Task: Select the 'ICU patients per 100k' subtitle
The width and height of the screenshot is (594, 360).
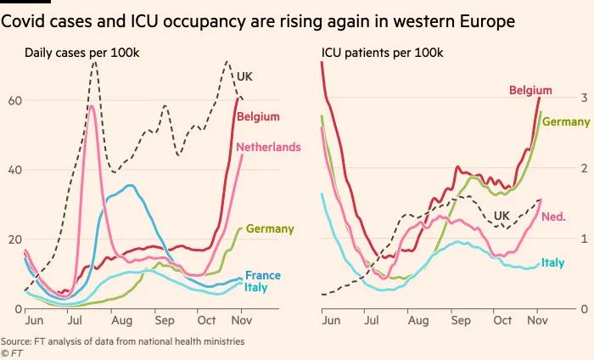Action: tap(382, 53)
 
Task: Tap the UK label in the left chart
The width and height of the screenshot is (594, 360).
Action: tap(244, 76)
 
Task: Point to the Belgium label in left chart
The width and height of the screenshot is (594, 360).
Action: tap(258, 116)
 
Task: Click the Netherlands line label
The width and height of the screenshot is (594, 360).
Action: tap(268, 147)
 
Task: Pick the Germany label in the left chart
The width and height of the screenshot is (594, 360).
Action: tap(270, 228)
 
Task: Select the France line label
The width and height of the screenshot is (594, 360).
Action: tap(262, 275)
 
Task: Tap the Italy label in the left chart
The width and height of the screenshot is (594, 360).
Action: tap(256, 288)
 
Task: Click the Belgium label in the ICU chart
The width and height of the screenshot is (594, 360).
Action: tap(530, 90)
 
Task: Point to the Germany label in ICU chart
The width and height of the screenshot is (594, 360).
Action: tap(566, 121)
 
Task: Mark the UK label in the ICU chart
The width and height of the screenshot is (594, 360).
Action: tap(502, 216)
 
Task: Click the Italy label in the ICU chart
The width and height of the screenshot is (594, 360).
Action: tap(553, 263)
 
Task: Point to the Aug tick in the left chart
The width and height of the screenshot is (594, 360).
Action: tap(122, 322)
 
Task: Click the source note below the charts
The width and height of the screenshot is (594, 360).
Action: tap(123, 340)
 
